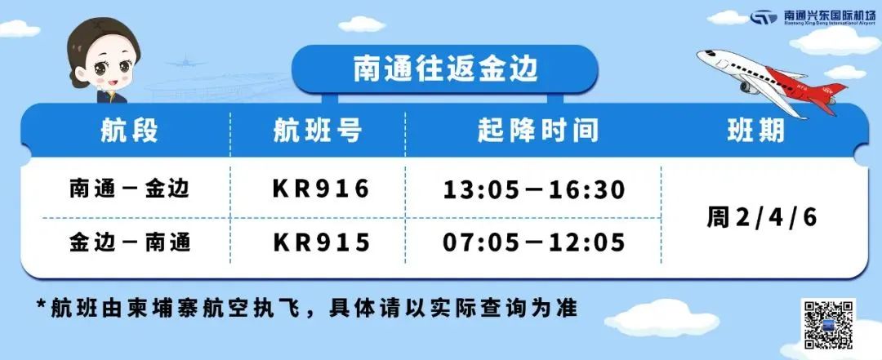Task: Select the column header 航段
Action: [x=128, y=131]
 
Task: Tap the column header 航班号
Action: [x=317, y=131]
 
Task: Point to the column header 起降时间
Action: [x=537, y=131]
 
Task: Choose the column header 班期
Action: [x=755, y=131]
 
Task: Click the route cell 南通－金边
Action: [x=130, y=189]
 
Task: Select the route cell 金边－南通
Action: [x=130, y=242]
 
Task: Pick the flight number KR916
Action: [x=321, y=189]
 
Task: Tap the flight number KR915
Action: [x=321, y=242]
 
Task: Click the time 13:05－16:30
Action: [x=534, y=189]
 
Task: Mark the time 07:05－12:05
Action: [x=534, y=242]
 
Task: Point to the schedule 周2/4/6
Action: [x=762, y=217]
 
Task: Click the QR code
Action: [x=829, y=326]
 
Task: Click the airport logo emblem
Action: [x=764, y=17]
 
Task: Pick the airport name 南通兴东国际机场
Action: [x=829, y=16]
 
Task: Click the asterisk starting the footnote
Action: [x=41, y=304]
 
